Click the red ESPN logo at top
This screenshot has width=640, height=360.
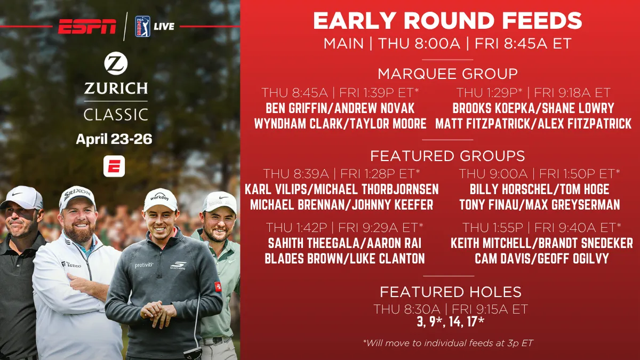click(87, 26)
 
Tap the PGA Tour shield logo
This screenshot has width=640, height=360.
click(142, 27)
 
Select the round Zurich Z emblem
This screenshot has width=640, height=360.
click(116, 63)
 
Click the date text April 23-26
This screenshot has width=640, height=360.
click(114, 139)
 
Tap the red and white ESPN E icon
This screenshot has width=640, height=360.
click(114, 166)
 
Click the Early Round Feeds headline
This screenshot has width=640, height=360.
click(447, 21)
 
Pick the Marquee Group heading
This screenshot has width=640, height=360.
click(447, 74)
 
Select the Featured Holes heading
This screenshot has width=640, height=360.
click(451, 292)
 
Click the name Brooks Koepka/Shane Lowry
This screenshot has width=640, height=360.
click(533, 108)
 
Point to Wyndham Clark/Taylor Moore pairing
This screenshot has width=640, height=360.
click(340, 124)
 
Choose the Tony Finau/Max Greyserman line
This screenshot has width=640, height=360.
click(539, 205)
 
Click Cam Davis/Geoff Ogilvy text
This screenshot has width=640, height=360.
click(541, 259)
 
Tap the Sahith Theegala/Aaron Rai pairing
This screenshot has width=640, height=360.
click(345, 243)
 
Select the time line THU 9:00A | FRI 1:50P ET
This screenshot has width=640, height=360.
click(539, 174)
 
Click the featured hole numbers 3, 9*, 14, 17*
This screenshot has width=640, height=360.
click(451, 322)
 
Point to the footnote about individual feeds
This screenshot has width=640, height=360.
click(447, 343)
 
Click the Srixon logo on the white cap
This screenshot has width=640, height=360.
click(77, 194)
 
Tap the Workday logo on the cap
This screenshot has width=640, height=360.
click(159, 197)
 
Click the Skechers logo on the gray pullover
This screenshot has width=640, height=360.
click(178, 266)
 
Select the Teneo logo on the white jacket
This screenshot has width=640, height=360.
click(71, 265)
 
